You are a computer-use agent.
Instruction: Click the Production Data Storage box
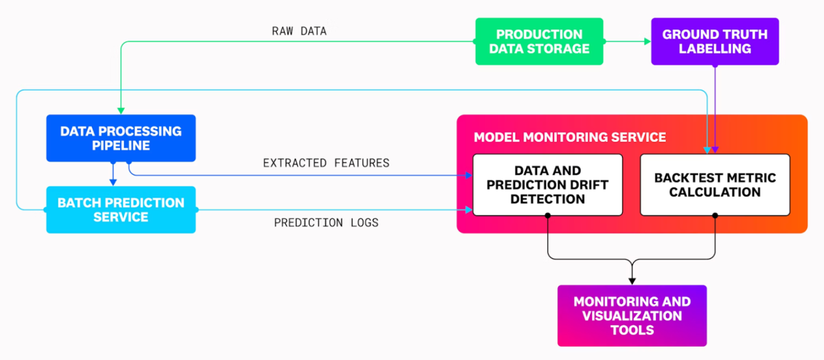(x=539, y=41)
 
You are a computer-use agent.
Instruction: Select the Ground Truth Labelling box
(x=715, y=41)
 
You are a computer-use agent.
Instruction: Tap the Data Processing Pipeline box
(x=121, y=138)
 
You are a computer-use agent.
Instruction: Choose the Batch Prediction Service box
(x=121, y=210)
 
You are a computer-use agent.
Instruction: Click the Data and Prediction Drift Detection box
(x=547, y=184)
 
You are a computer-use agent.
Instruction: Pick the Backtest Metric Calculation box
(x=715, y=184)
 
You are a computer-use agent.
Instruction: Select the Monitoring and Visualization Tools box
(x=632, y=315)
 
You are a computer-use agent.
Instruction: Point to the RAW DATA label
(x=299, y=31)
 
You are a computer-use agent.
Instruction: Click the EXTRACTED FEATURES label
(x=326, y=163)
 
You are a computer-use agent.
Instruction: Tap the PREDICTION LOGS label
(x=326, y=223)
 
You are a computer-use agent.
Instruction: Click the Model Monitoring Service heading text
(x=569, y=137)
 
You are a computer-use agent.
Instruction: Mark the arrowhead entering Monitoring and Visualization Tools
(x=632, y=280)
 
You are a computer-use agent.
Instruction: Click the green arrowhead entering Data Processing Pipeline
(x=121, y=111)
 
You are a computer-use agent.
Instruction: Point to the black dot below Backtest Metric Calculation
(x=715, y=216)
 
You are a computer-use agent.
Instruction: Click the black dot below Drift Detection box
(x=547, y=216)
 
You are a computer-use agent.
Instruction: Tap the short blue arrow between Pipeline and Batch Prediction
(x=113, y=175)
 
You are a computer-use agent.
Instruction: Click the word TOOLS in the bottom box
(x=632, y=330)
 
